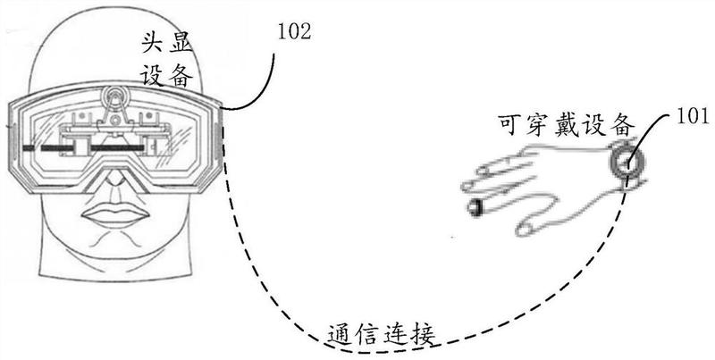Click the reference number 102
[x=295, y=35]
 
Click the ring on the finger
[x=475, y=208]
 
